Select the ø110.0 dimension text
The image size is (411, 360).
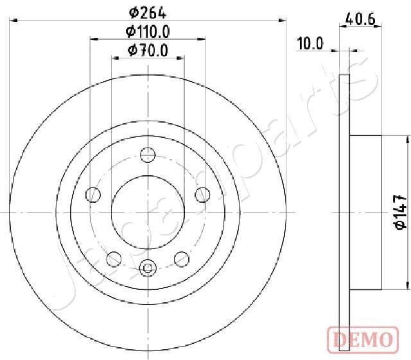click(148, 31)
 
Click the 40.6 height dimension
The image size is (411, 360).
click(360, 19)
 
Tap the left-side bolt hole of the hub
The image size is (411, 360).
click(94, 194)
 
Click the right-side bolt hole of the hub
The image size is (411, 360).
click(203, 194)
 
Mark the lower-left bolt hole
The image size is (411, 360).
click(114, 258)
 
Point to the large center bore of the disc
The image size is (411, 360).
click(148, 212)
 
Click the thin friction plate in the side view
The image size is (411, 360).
click(345, 212)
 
